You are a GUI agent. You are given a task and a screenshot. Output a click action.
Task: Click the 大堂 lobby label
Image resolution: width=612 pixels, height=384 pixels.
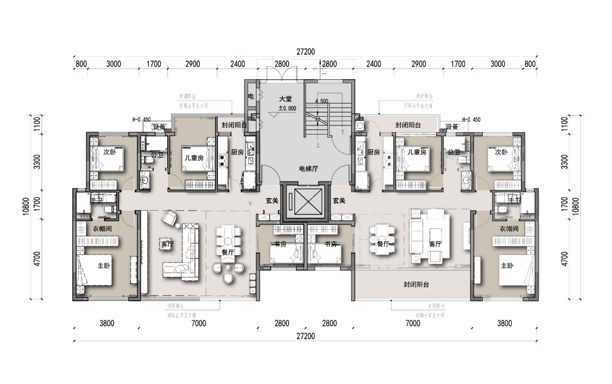285,99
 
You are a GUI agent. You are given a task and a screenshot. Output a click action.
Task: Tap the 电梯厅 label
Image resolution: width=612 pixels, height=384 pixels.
308,169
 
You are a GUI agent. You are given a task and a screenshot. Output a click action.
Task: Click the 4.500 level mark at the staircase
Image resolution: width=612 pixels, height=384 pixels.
321,101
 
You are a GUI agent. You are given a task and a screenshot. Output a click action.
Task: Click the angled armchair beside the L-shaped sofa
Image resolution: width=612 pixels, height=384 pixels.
169,218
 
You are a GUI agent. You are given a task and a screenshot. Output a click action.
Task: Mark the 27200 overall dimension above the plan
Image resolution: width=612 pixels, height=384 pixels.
306,52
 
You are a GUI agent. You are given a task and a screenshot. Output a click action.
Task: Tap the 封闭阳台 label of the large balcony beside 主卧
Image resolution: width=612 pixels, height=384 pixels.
415,284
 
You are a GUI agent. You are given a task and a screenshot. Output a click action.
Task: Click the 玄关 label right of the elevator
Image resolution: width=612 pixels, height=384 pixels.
339,202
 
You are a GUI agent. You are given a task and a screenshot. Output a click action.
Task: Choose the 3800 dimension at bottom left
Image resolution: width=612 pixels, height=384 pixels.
107,323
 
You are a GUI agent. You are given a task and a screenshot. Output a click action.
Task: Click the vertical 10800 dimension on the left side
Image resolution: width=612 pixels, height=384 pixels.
25,208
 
